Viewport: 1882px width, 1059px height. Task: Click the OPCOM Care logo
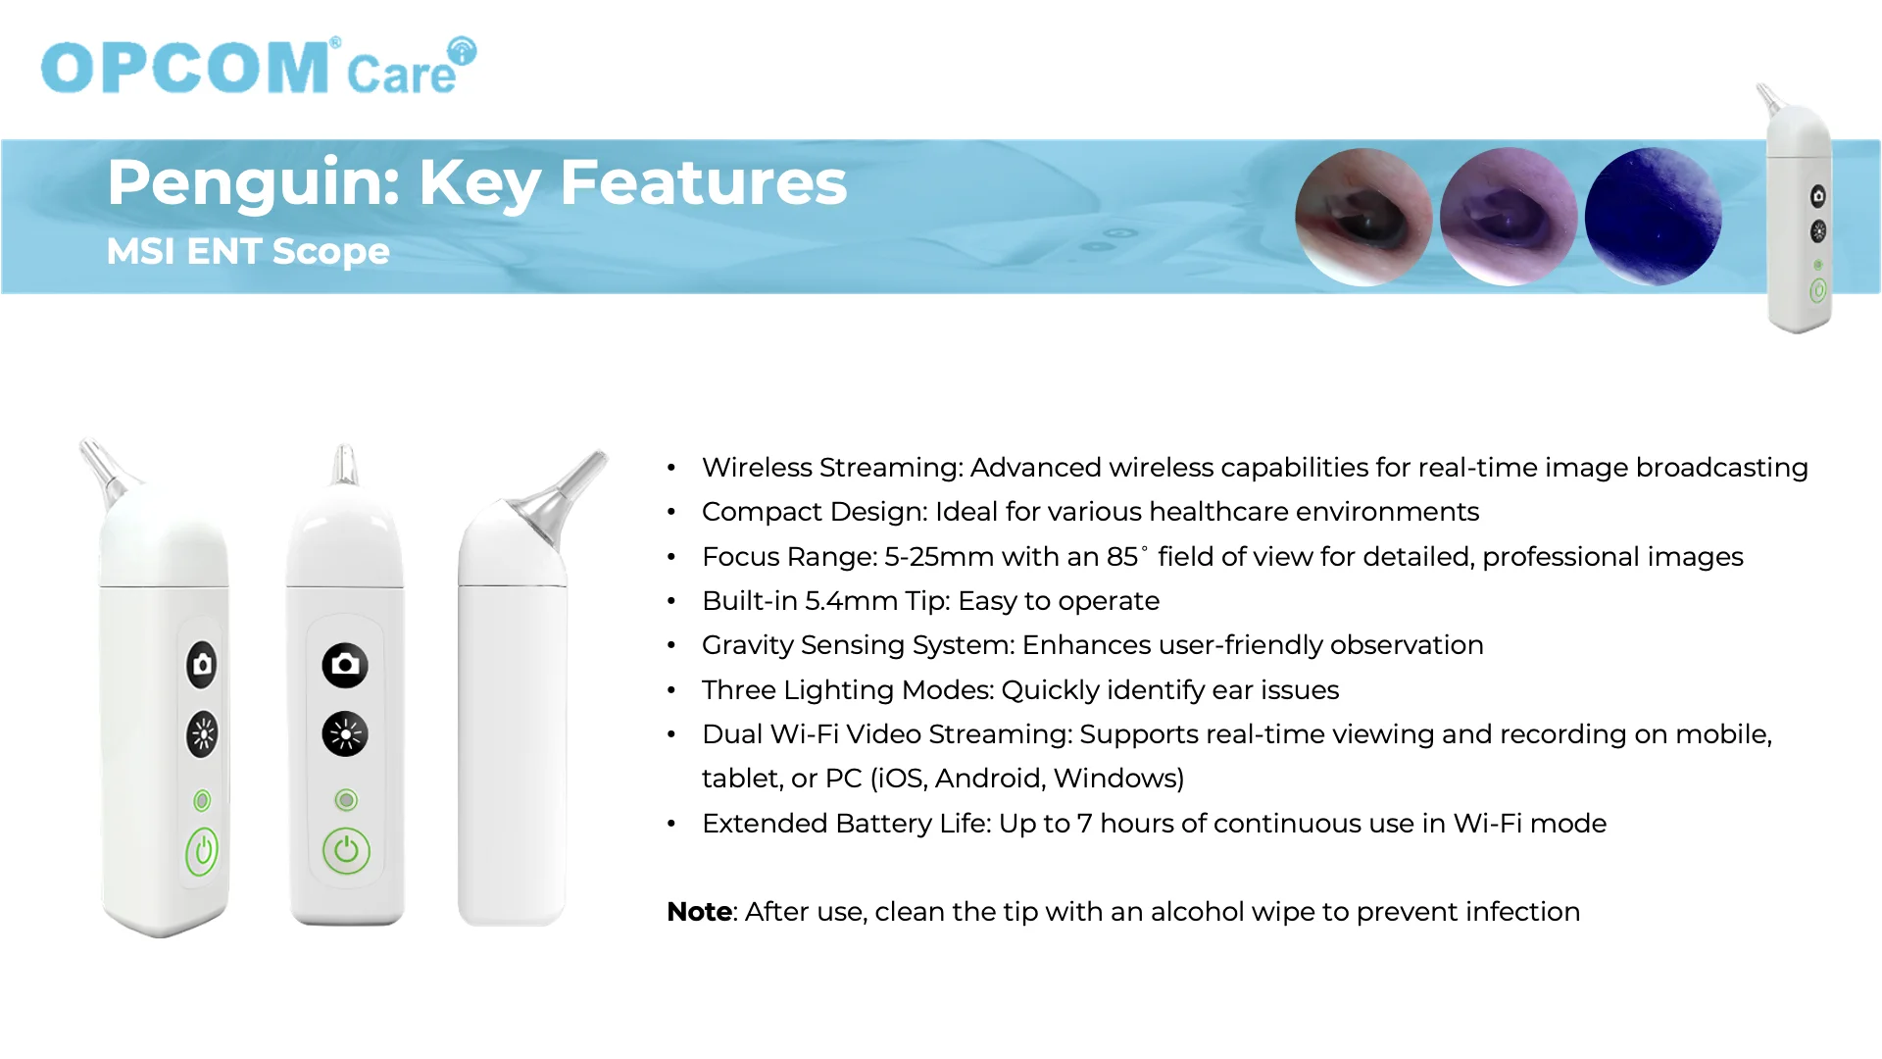point(259,66)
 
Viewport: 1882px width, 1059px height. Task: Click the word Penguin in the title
point(253,183)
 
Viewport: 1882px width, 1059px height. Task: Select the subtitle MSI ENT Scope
point(248,251)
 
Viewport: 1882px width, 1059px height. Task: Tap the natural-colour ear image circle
point(1363,217)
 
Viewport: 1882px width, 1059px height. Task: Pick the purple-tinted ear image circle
point(1509,217)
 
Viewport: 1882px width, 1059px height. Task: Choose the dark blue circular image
point(1654,217)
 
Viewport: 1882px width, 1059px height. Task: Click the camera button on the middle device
point(345,665)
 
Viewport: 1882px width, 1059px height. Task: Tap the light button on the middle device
point(345,733)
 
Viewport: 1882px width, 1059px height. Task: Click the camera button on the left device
point(202,665)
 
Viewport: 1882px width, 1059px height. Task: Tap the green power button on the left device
point(202,851)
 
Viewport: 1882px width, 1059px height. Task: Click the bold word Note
point(699,912)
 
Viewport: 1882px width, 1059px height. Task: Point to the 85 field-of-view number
point(1122,557)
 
